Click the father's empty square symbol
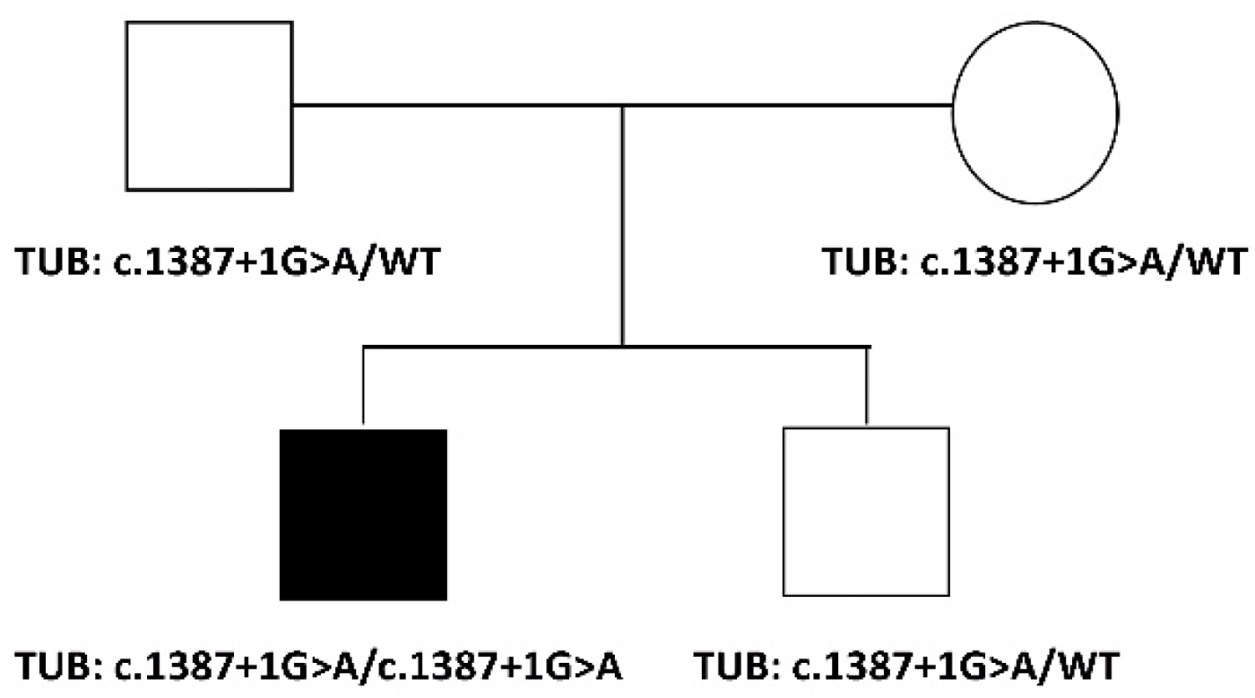pyautogui.click(x=209, y=106)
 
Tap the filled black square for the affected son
pyautogui.click(x=363, y=514)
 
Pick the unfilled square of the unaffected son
pyautogui.click(x=866, y=512)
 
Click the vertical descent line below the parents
pyautogui.click(x=623, y=224)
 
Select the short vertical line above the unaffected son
pyautogui.click(x=867, y=383)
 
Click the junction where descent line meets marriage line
pyautogui.click(x=623, y=106)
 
